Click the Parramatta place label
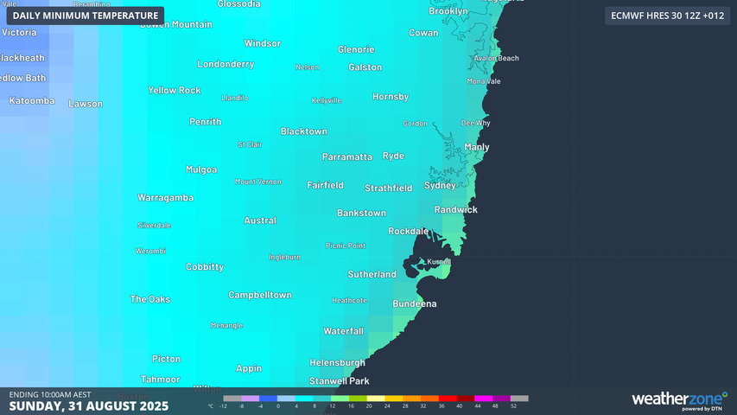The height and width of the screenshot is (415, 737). [x=346, y=157]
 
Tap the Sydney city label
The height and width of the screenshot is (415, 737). [x=440, y=186]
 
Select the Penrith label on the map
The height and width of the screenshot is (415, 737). [x=206, y=122]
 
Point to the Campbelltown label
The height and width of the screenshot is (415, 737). [x=260, y=296]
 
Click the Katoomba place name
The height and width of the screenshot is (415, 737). [x=32, y=101]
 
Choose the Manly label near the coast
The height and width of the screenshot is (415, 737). [x=477, y=147]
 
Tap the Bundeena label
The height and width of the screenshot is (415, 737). [x=415, y=304]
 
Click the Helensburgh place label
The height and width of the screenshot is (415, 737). [x=337, y=362]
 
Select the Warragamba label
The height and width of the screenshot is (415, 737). [x=165, y=198]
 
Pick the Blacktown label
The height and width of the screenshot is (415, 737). [x=304, y=131]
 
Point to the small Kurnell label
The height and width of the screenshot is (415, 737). [x=439, y=261]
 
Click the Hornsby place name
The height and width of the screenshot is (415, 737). [x=391, y=97]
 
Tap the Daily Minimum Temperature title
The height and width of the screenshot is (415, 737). [x=86, y=16]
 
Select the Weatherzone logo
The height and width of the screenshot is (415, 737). [x=677, y=399]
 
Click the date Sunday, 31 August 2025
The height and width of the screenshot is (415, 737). [x=88, y=405]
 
